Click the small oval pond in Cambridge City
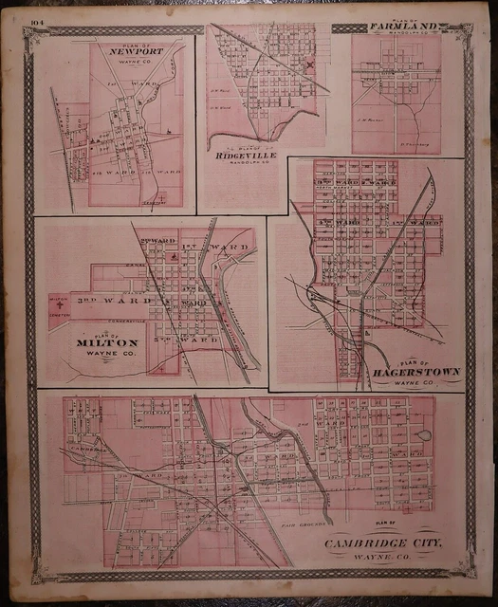point(424,435)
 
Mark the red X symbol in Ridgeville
point(308,66)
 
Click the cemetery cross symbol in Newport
point(163,198)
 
